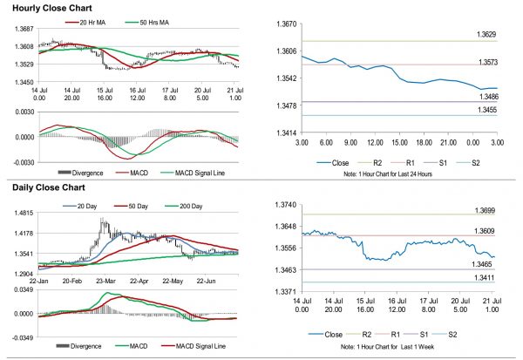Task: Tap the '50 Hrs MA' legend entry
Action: point(146,20)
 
